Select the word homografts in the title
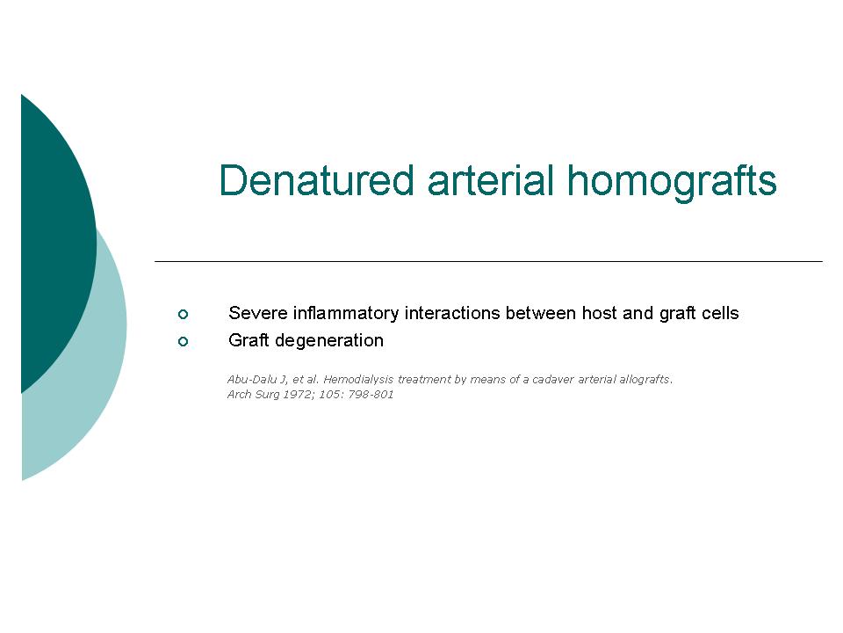pyautogui.click(x=672, y=183)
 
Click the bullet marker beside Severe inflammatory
pyautogui.click(x=183, y=314)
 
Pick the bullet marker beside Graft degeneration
pyautogui.click(x=183, y=341)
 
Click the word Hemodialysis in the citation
pyautogui.click(x=358, y=380)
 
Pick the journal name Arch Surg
pyautogui.click(x=253, y=395)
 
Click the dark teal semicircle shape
pyautogui.click(x=56, y=243)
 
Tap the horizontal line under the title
pyautogui.click(x=489, y=262)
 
